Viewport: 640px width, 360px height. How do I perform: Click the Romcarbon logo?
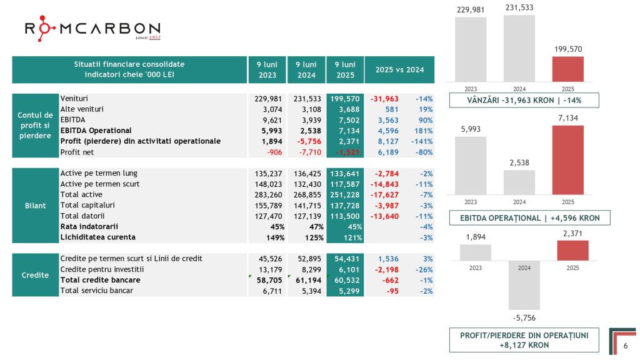92,29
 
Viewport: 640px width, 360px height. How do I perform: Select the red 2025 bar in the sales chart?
567,69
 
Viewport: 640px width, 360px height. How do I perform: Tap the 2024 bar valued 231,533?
519,48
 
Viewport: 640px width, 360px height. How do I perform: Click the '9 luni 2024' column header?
306,70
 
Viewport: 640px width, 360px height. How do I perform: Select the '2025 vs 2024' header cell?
399,70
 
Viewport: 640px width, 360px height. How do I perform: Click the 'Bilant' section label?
36,206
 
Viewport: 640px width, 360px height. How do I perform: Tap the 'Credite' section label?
36,274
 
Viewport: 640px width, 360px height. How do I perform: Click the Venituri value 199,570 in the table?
344,99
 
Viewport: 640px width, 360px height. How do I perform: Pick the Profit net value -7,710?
309,152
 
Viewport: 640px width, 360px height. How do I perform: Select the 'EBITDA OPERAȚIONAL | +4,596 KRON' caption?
529,217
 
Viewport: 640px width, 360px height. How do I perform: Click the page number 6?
626,346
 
